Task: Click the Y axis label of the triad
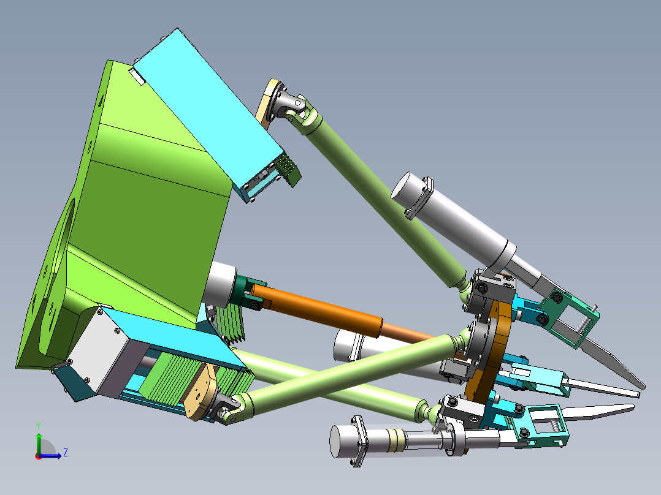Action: tap(39, 426)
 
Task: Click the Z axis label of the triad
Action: tap(66, 453)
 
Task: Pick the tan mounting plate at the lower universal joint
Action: tap(201, 393)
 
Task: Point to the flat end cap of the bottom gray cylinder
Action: tap(339, 441)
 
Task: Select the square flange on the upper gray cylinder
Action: tap(419, 198)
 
